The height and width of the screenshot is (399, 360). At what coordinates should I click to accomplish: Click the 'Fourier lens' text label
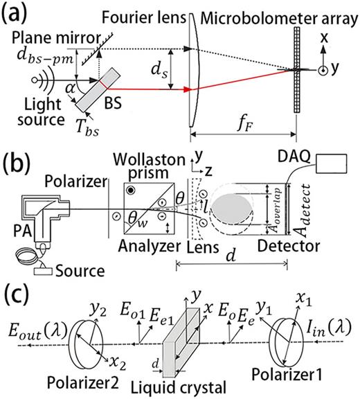tap(142, 11)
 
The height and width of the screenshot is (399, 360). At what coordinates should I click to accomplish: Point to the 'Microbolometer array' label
tap(269, 11)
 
